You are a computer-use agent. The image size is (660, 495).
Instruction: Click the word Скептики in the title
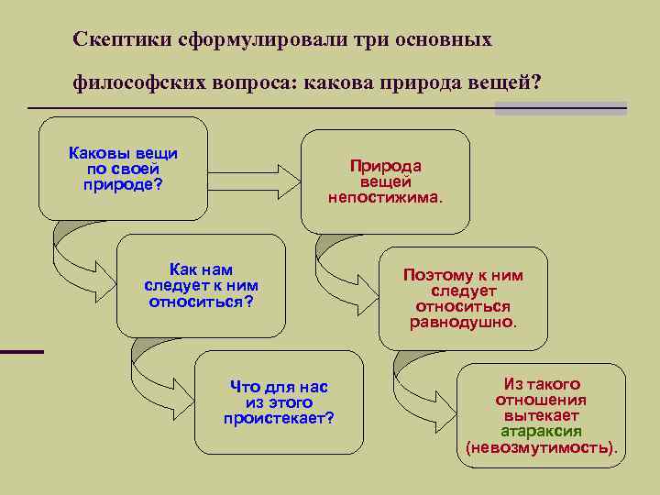pyautogui.click(x=115, y=40)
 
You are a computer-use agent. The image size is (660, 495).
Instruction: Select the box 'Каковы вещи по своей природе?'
pyautogui.click(x=124, y=169)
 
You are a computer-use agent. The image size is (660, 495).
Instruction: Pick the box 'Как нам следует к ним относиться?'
pyautogui.click(x=201, y=285)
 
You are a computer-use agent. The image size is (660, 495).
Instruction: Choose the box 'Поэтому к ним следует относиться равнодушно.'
pyautogui.click(x=463, y=298)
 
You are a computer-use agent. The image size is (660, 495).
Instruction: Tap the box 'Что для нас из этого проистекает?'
pyautogui.click(x=280, y=402)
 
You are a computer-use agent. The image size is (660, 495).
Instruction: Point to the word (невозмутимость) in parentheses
pyautogui.click(x=541, y=448)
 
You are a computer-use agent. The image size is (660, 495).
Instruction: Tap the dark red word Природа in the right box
pyautogui.click(x=385, y=166)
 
